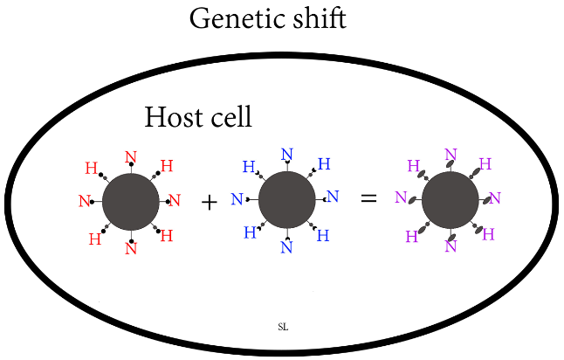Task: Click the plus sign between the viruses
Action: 209,202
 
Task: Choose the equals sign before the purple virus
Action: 369,199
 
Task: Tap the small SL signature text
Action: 282,327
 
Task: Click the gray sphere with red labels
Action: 130,201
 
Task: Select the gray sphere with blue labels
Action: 286,198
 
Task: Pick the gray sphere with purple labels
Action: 450,199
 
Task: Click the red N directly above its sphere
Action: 131,158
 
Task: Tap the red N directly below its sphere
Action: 131,248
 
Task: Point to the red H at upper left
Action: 91,168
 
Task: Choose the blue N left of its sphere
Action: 237,200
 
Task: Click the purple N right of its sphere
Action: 494,198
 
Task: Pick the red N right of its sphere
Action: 174,200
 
